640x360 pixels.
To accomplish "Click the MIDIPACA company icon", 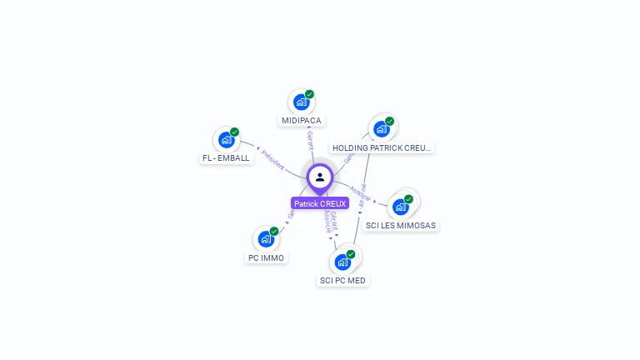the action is (301, 102).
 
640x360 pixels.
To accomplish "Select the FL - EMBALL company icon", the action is (226, 140).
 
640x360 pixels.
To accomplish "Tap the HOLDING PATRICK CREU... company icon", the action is (382, 128).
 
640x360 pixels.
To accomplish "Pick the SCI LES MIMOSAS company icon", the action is (401, 206).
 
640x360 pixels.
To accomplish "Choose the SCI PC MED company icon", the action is (342, 262).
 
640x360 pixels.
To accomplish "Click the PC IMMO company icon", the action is (266, 239).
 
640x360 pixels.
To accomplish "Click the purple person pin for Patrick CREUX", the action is (320, 177).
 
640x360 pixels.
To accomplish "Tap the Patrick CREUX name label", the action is (320, 203).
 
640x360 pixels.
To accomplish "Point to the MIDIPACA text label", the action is (301, 121).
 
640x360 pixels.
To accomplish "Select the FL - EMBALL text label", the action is (226, 158).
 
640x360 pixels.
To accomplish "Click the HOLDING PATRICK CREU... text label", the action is (382, 147).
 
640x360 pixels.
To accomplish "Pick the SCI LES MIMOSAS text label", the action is (401, 225).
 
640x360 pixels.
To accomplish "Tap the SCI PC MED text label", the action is (342, 281).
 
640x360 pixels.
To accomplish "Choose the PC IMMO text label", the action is (266, 258).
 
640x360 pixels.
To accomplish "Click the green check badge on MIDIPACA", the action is (309, 94).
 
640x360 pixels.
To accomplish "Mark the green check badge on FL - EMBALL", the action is (234, 132).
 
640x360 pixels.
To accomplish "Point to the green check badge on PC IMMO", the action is (274, 231).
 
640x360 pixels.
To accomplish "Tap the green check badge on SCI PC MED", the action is (351, 253).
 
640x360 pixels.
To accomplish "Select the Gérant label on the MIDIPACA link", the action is (310, 139).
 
